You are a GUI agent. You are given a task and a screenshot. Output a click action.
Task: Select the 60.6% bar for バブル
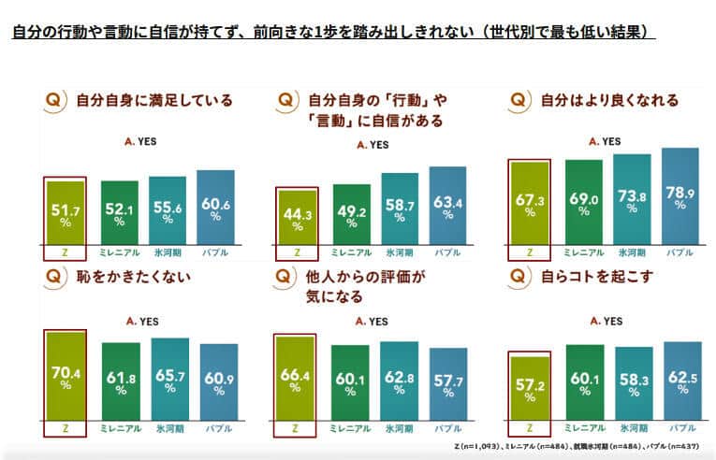pyautogui.click(x=215, y=207)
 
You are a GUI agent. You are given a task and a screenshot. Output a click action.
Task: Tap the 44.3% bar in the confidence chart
pyautogui.click(x=297, y=219)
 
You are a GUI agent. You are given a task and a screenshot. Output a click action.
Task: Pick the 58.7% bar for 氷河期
pyautogui.click(x=399, y=209)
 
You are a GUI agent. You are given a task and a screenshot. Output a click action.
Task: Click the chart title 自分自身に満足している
pyautogui.click(x=153, y=101)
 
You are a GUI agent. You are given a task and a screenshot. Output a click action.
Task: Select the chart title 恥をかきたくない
pyautogui.click(x=133, y=278)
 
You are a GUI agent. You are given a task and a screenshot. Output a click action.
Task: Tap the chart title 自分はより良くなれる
pyautogui.click(x=607, y=101)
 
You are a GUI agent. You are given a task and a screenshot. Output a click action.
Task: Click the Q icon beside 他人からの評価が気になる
pyautogui.click(x=287, y=278)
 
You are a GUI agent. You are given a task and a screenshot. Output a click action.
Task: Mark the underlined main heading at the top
pyautogui.click(x=333, y=32)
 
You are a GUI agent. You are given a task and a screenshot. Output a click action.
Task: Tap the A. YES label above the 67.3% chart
pyautogui.click(x=604, y=141)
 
